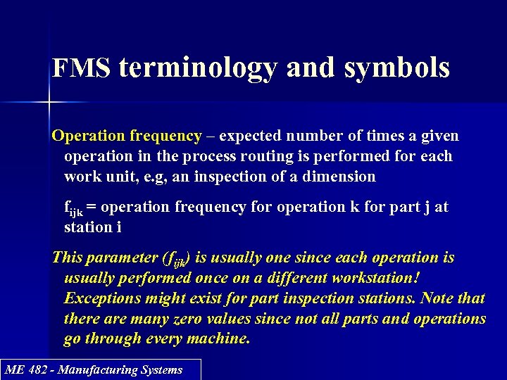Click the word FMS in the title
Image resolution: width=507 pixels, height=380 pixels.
tap(82, 68)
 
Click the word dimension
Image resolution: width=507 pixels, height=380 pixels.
tap(341, 177)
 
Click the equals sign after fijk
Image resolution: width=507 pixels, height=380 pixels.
tap(92, 208)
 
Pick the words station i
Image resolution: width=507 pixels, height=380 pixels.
tap(89, 227)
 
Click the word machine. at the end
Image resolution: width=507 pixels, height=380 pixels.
tap(218, 339)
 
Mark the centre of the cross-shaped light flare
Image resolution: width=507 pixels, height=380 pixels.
tap(49, 103)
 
